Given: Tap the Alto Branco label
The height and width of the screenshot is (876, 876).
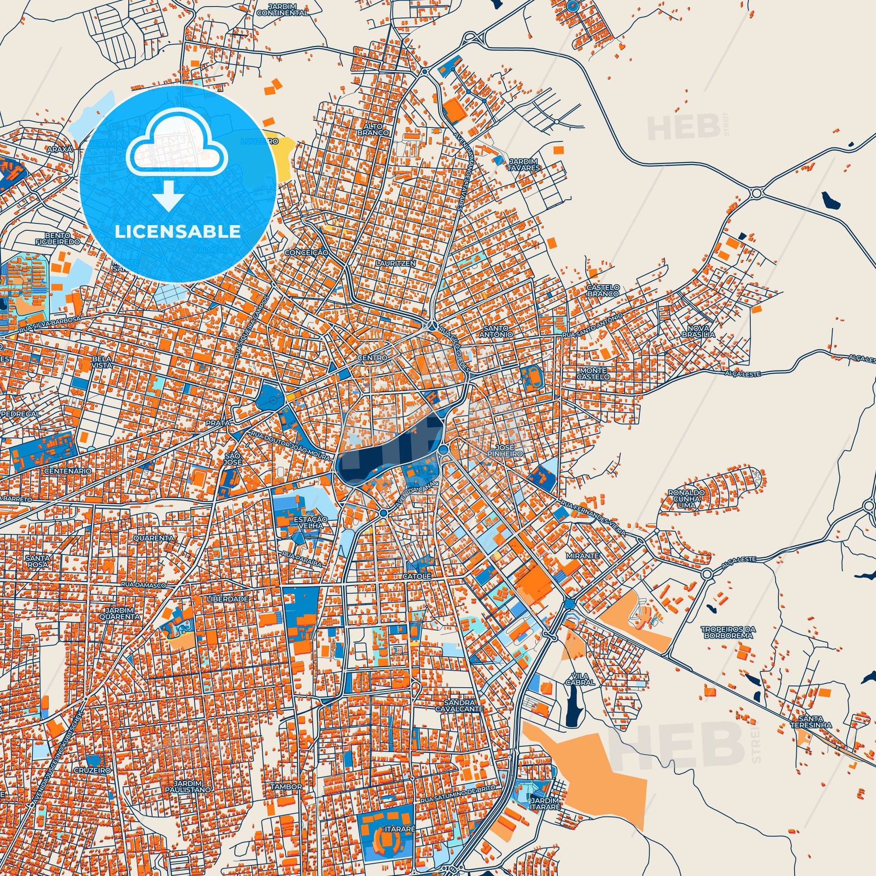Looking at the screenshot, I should pyautogui.click(x=379, y=129).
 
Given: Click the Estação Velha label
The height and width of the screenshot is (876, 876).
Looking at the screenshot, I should pyautogui.click(x=310, y=521).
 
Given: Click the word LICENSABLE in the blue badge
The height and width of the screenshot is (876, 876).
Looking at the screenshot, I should pyautogui.click(x=178, y=232).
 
